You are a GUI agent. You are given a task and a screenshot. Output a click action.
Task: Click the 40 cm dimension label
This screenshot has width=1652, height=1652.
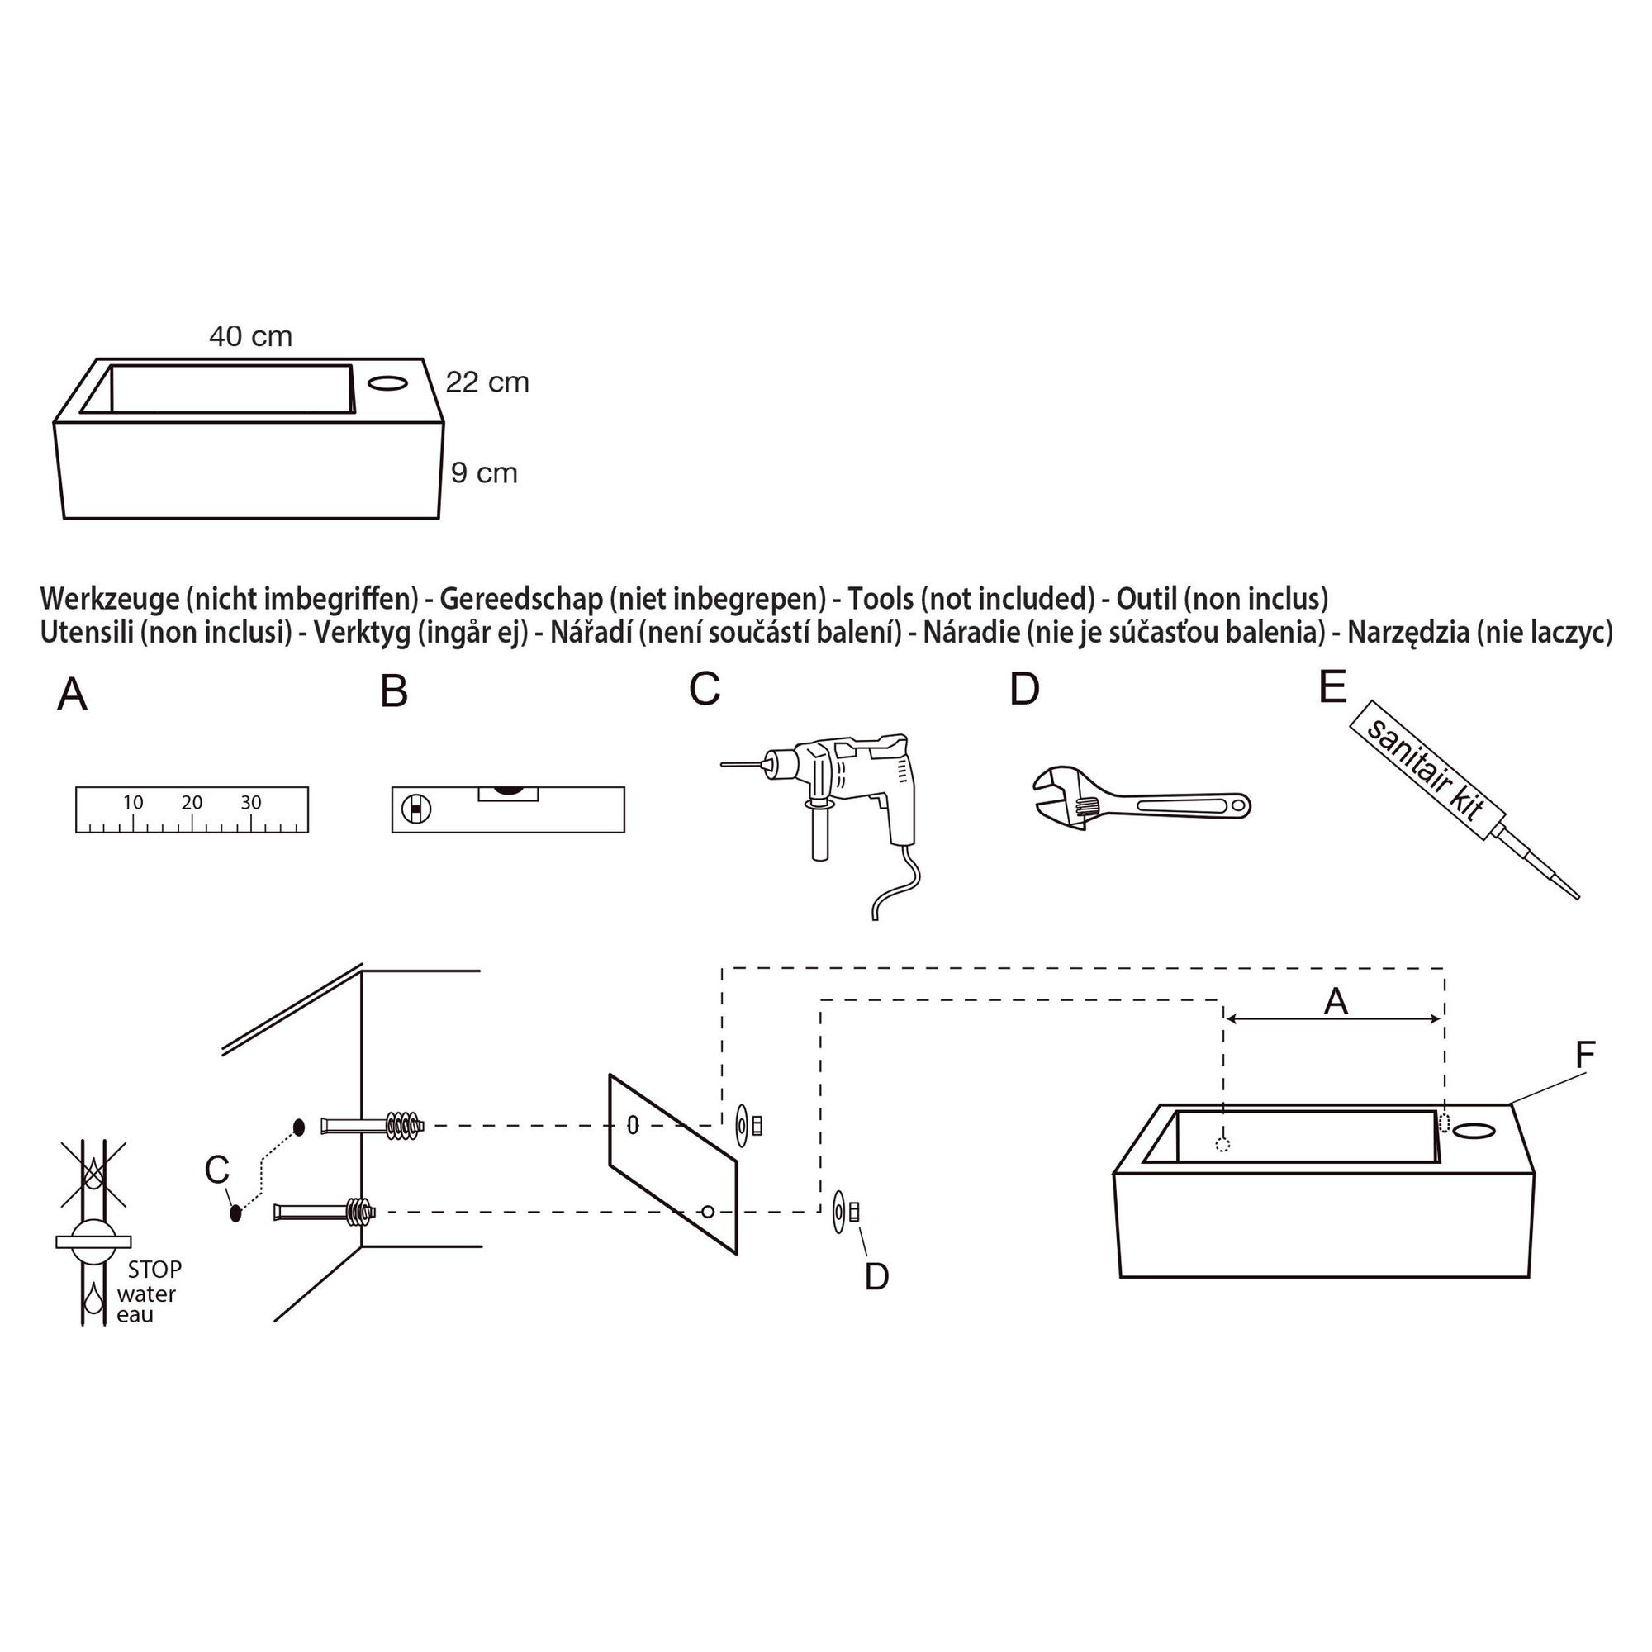[250, 337]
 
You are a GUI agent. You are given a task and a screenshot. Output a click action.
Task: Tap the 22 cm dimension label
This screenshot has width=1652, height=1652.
[487, 382]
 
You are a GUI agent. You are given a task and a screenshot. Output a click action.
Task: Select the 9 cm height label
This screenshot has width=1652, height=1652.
[484, 472]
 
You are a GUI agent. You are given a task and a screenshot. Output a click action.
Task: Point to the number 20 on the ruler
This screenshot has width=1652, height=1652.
[192, 802]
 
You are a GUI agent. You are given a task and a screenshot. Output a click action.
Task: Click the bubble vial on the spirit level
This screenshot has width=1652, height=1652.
[508, 793]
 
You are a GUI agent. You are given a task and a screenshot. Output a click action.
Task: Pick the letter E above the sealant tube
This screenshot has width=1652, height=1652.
[1332, 686]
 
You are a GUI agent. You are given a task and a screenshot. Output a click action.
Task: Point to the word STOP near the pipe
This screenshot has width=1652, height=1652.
[154, 1270]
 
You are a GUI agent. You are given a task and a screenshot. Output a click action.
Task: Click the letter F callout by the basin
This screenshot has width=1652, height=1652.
[1584, 1055]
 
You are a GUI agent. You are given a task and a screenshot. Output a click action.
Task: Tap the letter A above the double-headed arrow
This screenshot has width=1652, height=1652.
[1336, 1001]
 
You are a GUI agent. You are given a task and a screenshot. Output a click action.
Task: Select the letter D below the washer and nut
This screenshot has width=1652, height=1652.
[877, 1277]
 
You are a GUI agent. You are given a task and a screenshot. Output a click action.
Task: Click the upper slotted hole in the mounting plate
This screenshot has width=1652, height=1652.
[633, 1125]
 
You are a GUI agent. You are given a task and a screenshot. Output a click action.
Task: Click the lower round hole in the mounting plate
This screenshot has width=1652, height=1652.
[707, 1211]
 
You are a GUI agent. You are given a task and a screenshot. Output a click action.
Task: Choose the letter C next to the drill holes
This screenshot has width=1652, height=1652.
[217, 1170]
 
